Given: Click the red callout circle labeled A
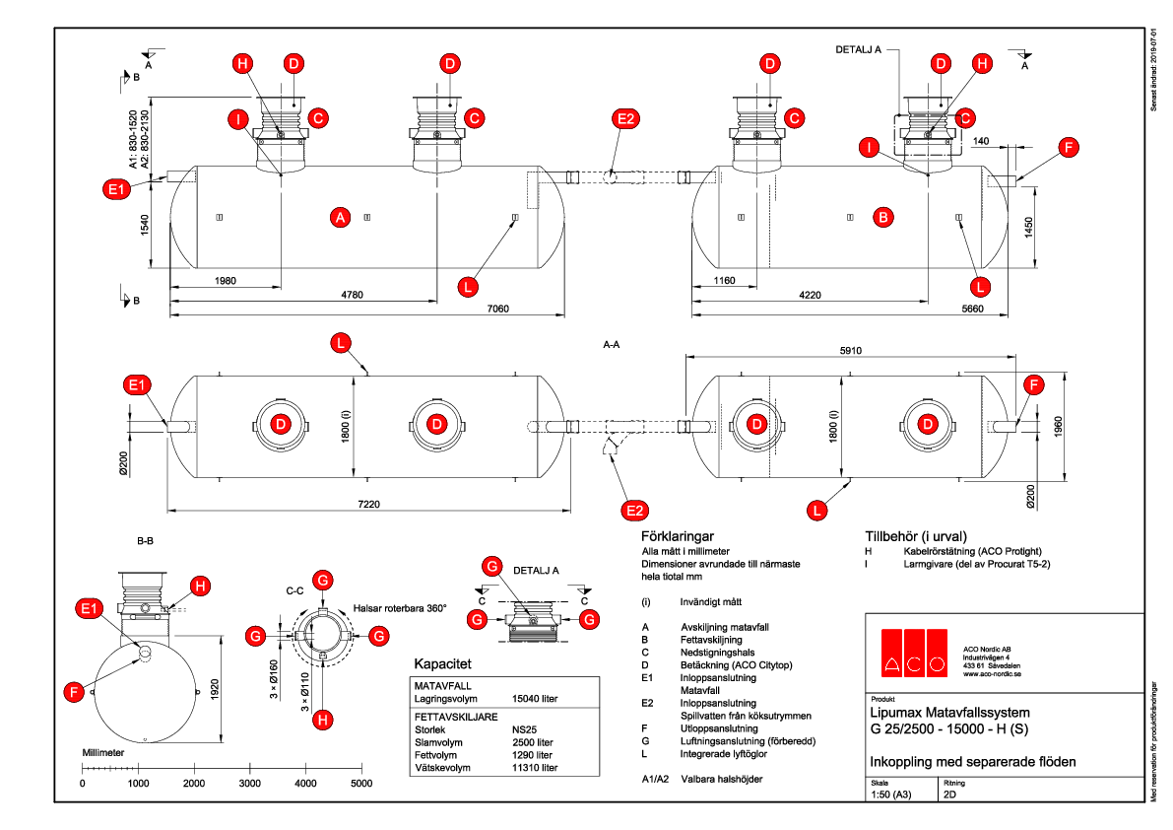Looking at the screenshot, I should coord(341,218).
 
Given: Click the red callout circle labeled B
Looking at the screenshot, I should coord(883,217).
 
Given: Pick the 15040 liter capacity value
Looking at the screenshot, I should coord(535,699).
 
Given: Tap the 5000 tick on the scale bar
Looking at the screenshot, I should coord(361,783).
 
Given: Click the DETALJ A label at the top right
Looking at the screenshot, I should coord(858,48).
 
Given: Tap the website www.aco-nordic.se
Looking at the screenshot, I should coord(990,675).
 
